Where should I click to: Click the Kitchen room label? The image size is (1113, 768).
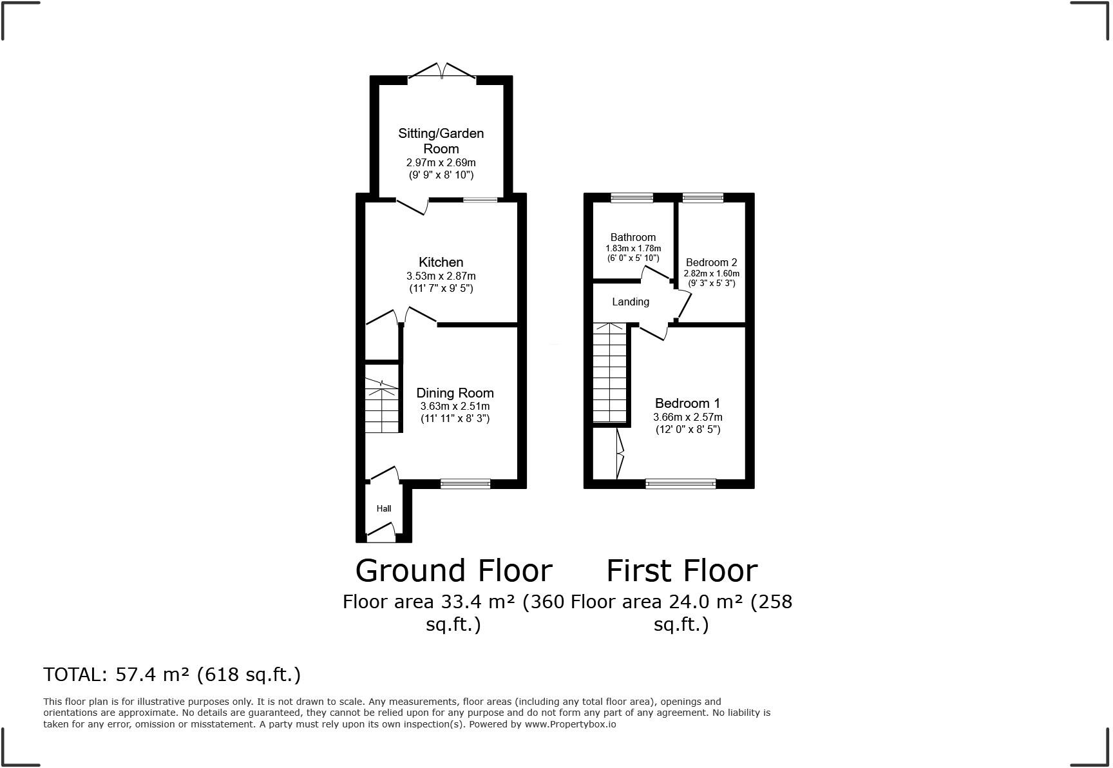click(441, 262)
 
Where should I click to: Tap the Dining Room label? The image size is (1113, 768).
click(455, 393)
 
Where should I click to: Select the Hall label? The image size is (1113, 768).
click(384, 508)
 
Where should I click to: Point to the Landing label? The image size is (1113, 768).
click(630, 302)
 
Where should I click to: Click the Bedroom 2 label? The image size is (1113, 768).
click(711, 262)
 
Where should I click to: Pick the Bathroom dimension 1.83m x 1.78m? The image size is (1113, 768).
click(633, 248)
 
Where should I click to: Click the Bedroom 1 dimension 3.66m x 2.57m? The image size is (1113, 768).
click(687, 417)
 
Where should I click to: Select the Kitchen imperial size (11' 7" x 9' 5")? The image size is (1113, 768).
click(441, 288)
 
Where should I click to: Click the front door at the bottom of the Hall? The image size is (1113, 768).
click(381, 531)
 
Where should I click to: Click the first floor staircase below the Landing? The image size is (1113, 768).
click(609, 374)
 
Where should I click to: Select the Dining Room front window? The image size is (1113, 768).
click(465, 484)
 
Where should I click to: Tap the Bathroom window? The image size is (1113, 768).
click(631, 198)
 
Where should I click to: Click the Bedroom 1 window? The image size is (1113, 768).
click(680, 484)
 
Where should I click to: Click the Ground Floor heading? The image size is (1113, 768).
click(453, 570)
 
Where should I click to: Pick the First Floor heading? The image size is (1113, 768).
click(681, 570)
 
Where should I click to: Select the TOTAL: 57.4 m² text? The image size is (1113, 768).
click(172, 674)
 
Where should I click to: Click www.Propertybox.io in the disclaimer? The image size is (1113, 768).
click(569, 724)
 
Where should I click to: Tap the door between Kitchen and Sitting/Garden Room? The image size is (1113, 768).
click(412, 206)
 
